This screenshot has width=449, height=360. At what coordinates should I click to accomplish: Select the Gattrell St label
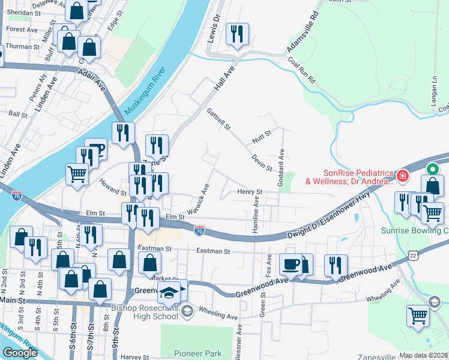pyautogui.click(x=218, y=119)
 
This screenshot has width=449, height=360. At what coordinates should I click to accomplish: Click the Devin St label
pyautogui.click(x=263, y=162)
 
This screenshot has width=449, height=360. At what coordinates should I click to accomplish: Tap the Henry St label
pyautogui.click(x=250, y=192)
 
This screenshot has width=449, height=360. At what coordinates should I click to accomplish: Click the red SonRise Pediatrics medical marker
pyautogui.click(x=402, y=176)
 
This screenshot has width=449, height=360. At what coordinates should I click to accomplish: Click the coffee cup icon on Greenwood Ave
pyautogui.click(x=291, y=263)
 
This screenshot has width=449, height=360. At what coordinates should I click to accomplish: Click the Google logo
pyautogui.click(x=20, y=353)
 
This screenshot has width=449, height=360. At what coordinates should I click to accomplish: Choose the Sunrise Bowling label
pyautogui.click(x=414, y=230)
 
